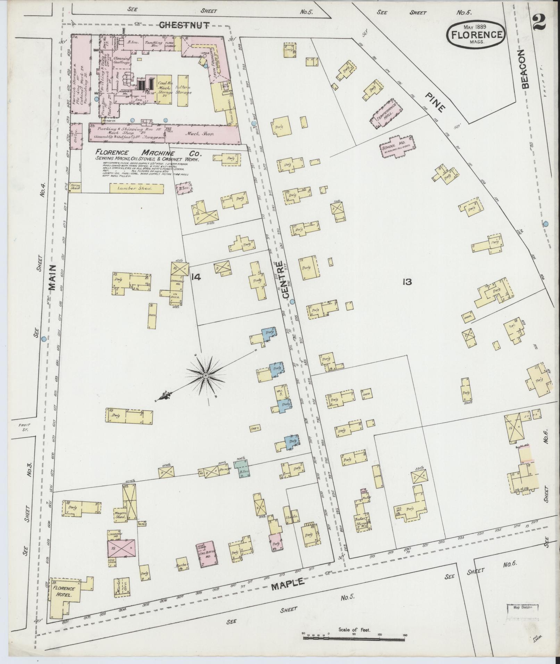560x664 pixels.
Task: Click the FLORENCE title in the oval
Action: coord(477,35)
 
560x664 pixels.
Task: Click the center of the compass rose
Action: coord(206,376)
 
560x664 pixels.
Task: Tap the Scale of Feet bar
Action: coord(354,636)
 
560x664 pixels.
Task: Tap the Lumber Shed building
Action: coord(136,188)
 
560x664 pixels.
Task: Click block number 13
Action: coord(407,282)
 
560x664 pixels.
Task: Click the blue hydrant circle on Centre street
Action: coord(292,302)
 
